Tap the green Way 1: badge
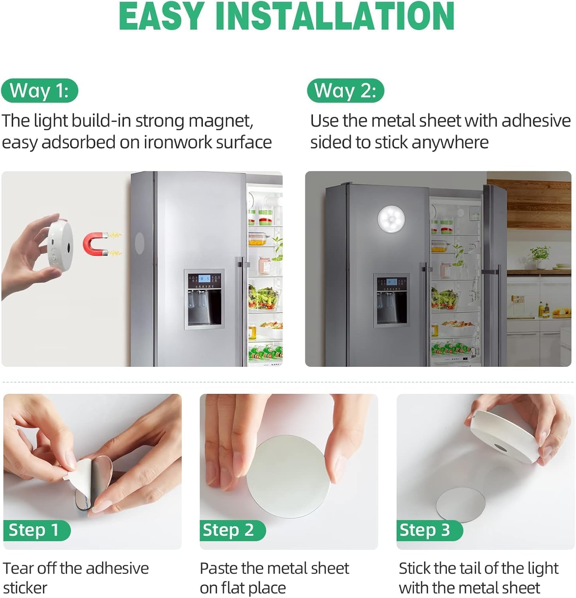(39, 90)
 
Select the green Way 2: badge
(345, 90)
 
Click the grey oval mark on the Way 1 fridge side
(140, 243)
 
